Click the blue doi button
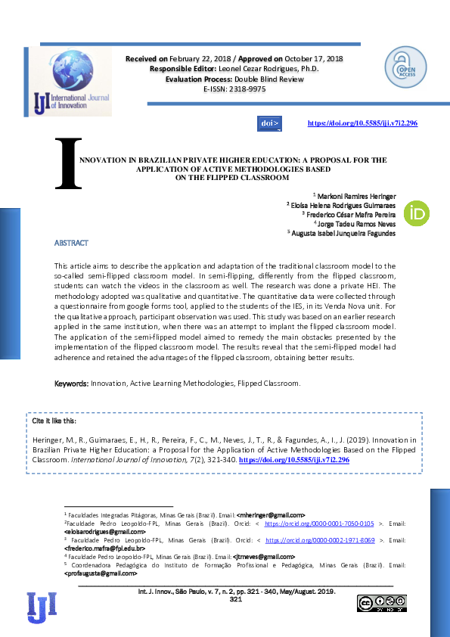click(x=270, y=123)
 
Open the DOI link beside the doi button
click(x=362, y=123)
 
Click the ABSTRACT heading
click(x=71, y=243)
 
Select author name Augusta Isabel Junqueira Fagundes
click(x=344, y=234)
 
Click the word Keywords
click(x=71, y=384)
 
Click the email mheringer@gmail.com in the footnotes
click(x=271, y=514)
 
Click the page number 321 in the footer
click(x=235, y=599)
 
